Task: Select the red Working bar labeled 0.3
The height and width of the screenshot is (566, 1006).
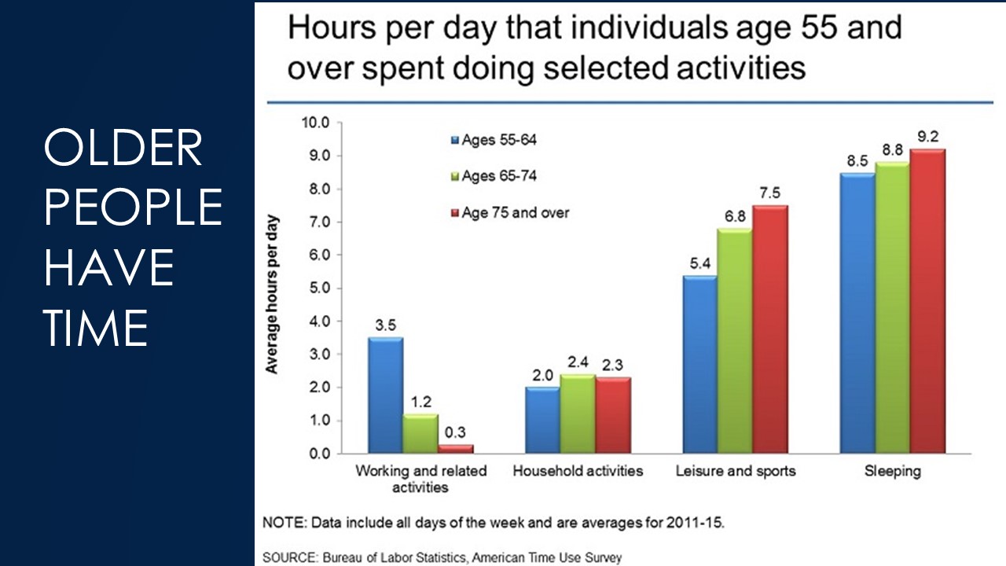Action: click(x=456, y=449)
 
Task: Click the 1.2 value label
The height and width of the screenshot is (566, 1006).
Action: click(x=420, y=401)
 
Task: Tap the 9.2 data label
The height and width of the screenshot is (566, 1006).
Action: click(x=928, y=136)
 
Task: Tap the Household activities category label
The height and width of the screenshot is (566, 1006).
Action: click(x=578, y=472)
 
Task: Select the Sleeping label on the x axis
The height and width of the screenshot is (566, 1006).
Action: click(x=894, y=472)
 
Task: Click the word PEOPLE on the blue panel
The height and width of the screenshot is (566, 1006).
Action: click(x=133, y=208)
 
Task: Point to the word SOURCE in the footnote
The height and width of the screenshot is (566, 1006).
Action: click(x=288, y=557)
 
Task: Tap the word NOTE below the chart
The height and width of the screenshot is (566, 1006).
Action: click(x=281, y=522)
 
